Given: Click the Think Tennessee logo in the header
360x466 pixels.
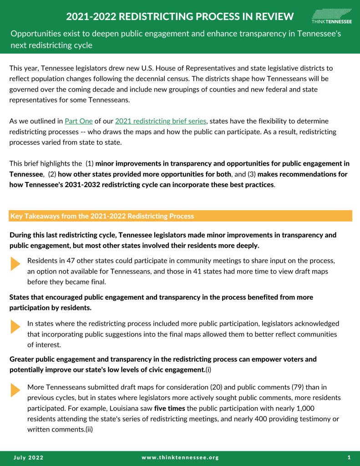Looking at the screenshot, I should (x=331, y=16).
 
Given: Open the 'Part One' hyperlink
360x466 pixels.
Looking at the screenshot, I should (x=79, y=121).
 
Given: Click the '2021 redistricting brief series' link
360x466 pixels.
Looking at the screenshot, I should (x=161, y=121).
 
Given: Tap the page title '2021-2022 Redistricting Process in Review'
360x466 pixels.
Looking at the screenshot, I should (x=180, y=17).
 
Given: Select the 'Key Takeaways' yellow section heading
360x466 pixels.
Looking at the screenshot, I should (x=102, y=216).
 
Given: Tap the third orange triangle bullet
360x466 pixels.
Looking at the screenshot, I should (x=15, y=390).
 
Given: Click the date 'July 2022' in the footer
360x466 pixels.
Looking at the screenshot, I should (x=28, y=457).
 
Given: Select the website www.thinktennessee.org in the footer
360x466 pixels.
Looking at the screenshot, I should (x=180, y=457).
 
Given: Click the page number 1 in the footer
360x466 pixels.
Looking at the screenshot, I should (x=349, y=457).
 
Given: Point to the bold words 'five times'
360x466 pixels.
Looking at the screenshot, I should (x=169, y=408).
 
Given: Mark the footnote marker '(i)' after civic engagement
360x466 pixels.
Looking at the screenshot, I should (x=209, y=370).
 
